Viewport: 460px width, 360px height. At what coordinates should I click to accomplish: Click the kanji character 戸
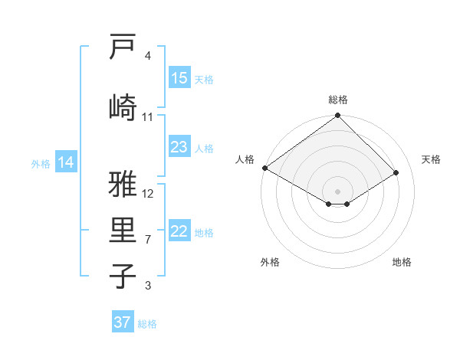[x=123, y=47]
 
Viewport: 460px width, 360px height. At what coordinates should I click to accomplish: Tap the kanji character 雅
[x=123, y=185]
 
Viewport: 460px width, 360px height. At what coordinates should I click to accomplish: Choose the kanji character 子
[x=123, y=276]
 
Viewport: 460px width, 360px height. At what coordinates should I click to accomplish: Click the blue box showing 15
[x=179, y=78]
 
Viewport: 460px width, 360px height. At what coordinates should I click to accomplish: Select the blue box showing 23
[x=179, y=147]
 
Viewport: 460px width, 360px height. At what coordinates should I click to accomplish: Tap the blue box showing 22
[x=179, y=232]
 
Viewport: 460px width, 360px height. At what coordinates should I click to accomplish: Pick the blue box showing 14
[x=66, y=162]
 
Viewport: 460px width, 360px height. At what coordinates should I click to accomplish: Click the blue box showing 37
[x=123, y=322]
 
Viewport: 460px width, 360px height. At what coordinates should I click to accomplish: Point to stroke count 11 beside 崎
[x=148, y=117]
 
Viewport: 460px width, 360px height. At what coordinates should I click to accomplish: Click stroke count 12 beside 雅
[x=149, y=193]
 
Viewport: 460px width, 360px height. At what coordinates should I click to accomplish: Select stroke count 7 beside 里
[x=148, y=240]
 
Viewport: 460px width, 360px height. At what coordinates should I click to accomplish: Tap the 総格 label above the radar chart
[x=338, y=100]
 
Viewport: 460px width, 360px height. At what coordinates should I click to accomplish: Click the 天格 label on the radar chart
[x=431, y=159]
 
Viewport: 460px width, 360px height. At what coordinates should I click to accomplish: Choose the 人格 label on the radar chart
[x=245, y=159]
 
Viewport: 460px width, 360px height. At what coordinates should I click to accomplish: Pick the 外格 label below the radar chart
[x=270, y=262]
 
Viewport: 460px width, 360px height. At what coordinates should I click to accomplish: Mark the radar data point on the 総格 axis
[x=337, y=116]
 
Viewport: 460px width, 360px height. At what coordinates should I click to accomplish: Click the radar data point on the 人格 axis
[x=264, y=168]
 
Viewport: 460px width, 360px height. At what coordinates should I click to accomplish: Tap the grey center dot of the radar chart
[x=337, y=190]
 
